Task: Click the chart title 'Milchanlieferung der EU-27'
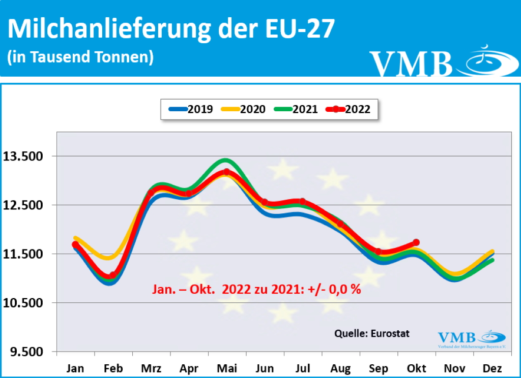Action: [x=171, y=29]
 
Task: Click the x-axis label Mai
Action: [x=226, y=368]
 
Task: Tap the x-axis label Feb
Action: [x=112, y=368]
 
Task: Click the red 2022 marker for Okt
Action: [x=416, y=242]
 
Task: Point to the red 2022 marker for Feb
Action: [x=112, y=275]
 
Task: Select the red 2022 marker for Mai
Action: [x=226, y=172]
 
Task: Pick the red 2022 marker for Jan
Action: [x=75, y=244]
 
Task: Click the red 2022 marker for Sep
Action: [x=378, y=251]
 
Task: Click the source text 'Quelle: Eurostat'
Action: [x=371, y=333]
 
